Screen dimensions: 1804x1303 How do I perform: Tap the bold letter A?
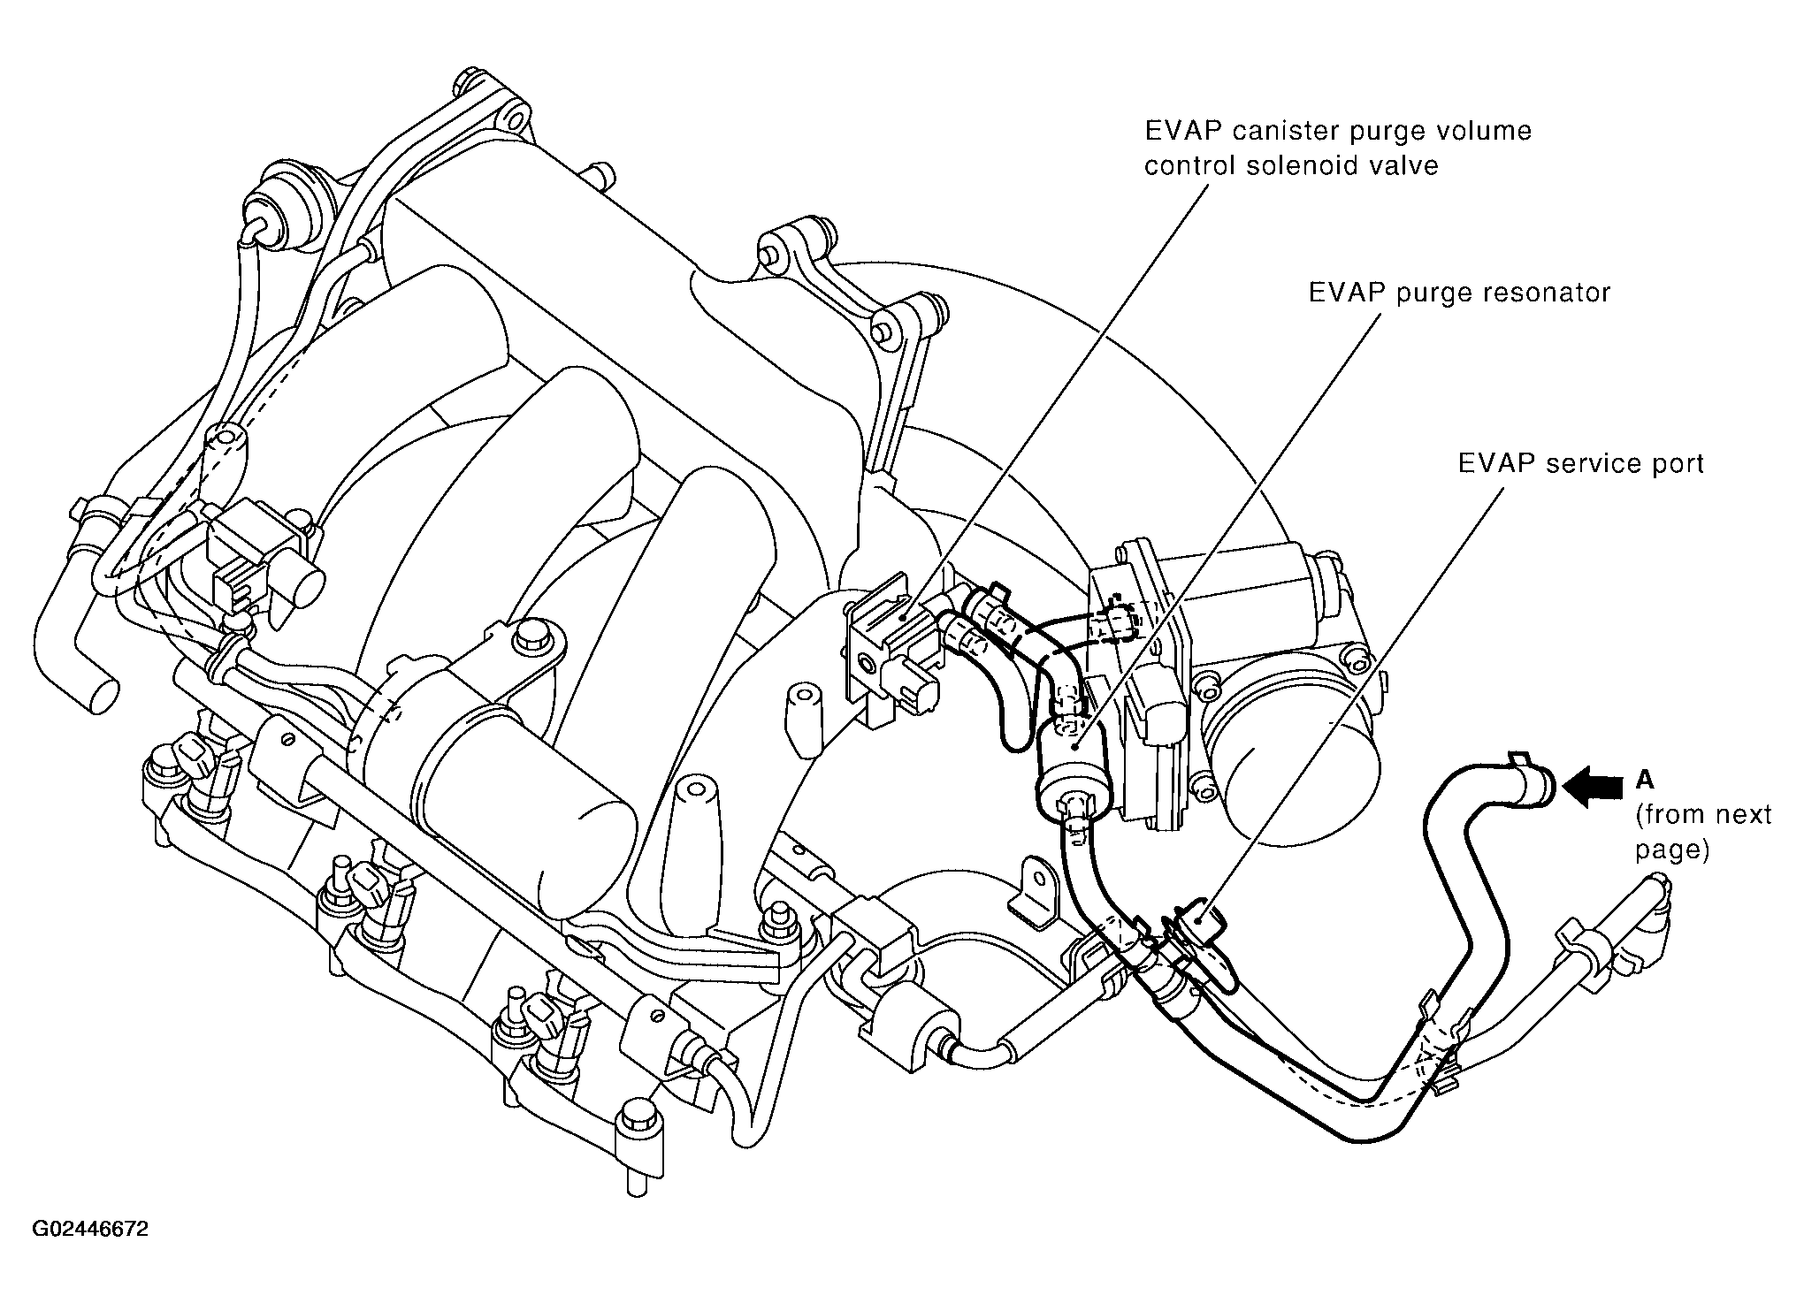[1645, 779]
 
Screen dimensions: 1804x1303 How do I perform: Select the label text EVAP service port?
[1579, 465]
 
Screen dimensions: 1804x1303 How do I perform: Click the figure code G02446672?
[90, 1230]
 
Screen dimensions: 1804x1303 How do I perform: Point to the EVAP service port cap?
[1199, 923]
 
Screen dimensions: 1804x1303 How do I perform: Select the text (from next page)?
[1702, 832]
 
